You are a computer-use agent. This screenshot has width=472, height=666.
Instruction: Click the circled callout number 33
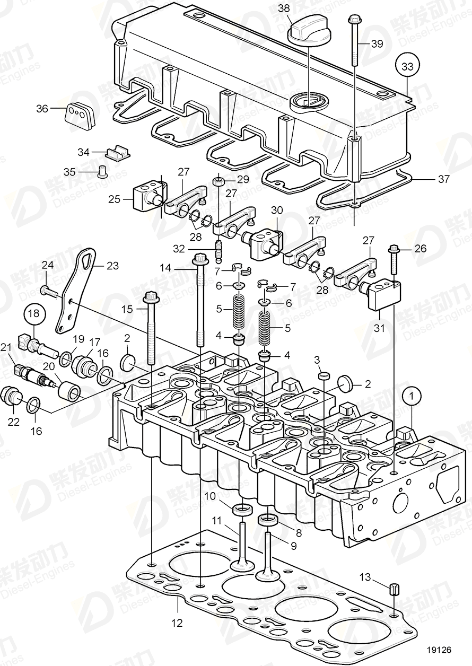click(x=407, y=67)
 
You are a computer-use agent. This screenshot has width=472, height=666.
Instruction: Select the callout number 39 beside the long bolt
click(x=376, y=44)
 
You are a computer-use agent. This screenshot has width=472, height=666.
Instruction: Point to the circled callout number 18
click(x=33, y=314)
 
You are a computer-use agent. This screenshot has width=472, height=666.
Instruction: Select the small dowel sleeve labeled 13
click(x=395, y=590)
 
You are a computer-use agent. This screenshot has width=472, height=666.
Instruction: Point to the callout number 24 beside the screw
click(x=48, y=265)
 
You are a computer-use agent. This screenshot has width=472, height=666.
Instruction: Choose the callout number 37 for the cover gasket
click(x=443, y=179)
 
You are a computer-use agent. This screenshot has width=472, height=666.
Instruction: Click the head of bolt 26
click(x=394, y=248)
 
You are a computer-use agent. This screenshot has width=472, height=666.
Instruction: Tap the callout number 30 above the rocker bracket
click(x=277, y=210)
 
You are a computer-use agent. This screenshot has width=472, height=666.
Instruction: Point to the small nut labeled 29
click(x=218, y=182)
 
